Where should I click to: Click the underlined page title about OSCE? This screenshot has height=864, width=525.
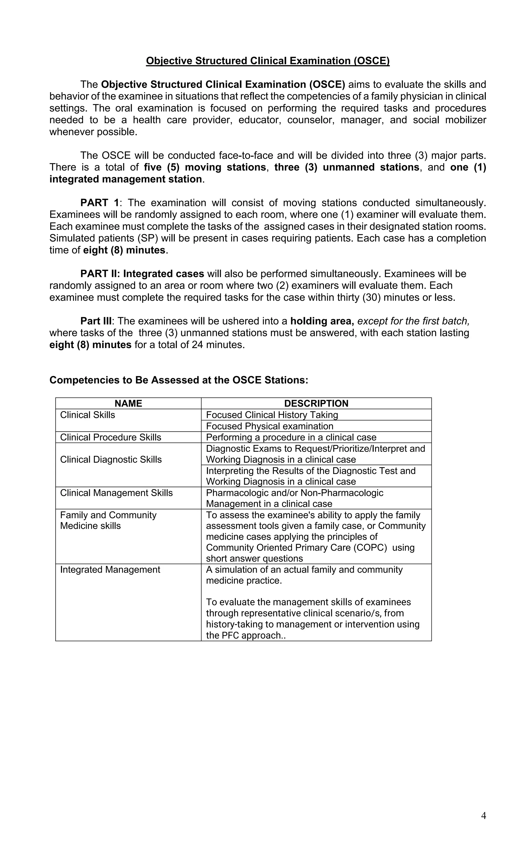(x=267, y=61)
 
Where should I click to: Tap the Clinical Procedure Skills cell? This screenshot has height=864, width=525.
(x=110, y=437)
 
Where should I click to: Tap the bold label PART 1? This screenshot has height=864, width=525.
(x=100, y=203)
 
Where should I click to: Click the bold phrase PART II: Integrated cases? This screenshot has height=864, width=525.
(x=142, y=274)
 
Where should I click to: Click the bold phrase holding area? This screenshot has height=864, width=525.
(x=322, y=321)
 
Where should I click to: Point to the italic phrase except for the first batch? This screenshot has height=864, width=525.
(x=413, y=321)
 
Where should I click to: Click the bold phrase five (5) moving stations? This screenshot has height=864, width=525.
(x=205, y=167)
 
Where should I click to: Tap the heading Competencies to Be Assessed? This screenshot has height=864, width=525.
(x=179, y=380)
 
